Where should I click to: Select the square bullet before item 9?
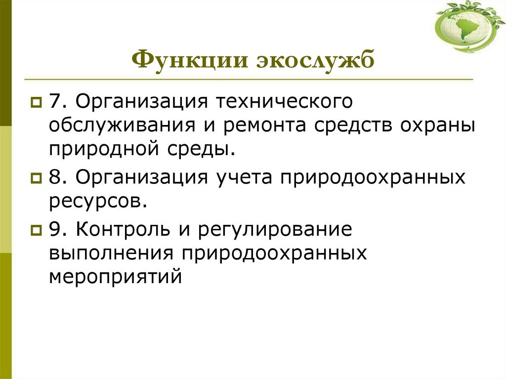pos(36,230)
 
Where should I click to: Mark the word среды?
pos(205,149)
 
